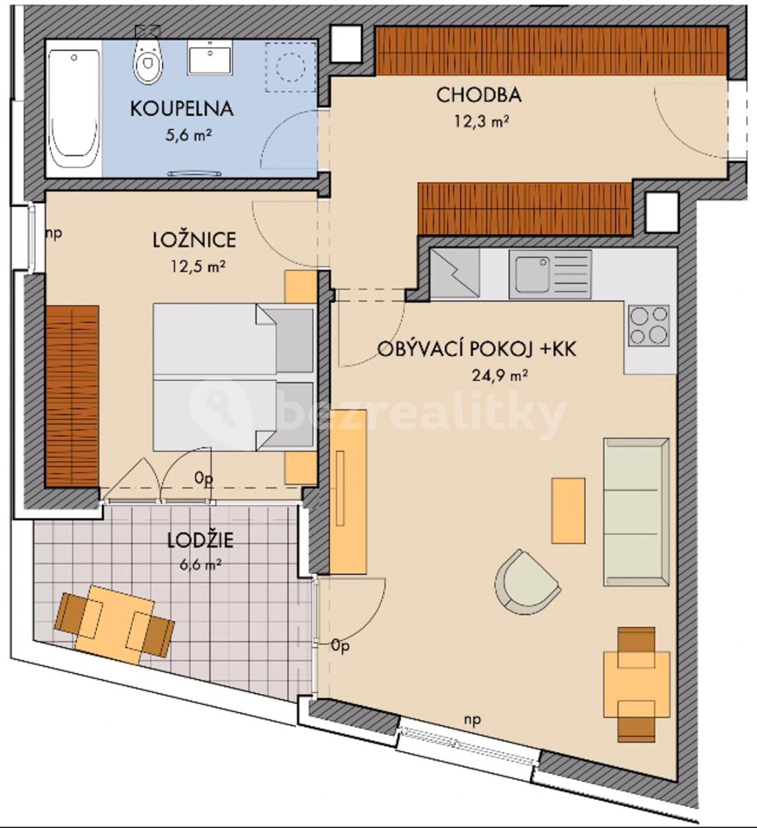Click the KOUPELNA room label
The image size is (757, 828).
point(181,108)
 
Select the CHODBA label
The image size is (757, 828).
point(479,95)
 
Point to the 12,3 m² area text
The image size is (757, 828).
point(481,121)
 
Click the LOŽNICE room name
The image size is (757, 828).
point(194,240)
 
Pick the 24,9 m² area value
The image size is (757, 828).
point(500,375)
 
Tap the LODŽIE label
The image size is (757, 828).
point(200,540)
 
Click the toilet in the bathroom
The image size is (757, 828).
point(148,61)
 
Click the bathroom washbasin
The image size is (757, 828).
point(209,57)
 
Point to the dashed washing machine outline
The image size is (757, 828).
point(291,66)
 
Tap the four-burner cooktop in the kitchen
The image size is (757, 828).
point(649,325)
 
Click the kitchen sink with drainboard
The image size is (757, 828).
point(550,274)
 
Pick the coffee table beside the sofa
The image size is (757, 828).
point(568,511)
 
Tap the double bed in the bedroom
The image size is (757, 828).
point(233,377)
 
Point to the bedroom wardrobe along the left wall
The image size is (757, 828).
point(72,396)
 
